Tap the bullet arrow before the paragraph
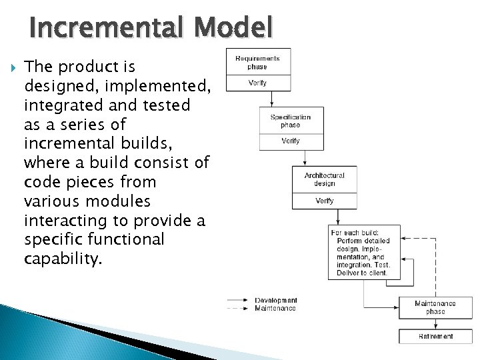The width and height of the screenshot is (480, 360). click(x=8, y=67)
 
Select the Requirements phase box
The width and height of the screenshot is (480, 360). click(x=258, y=62)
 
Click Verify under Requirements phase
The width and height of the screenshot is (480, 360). click(x=258, y=83)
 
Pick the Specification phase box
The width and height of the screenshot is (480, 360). click(x=291, y=121)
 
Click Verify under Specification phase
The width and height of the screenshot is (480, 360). click(x=291, y=141)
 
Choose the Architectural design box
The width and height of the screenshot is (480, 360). click(x=324, y=179)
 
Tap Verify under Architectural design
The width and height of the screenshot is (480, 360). click(x=324, y=201)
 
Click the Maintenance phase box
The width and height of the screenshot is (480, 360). click(x=435, y=307)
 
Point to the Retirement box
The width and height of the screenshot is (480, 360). click(x=435, y=337)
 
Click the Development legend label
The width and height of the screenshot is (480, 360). click(x=275, y=301)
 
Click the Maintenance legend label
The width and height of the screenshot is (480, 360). click(x=275, y=308)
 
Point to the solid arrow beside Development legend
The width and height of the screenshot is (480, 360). click(x=239, y=301)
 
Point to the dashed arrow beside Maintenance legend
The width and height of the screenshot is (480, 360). click(x=239, y=308)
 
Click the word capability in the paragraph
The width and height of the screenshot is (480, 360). click(x=63, y=259)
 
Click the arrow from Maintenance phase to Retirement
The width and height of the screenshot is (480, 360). click(x=435, y=323)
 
